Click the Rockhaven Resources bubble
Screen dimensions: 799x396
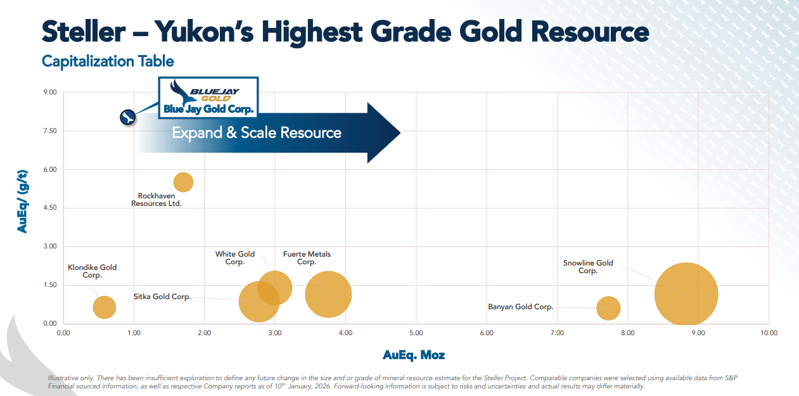tap(183, 182)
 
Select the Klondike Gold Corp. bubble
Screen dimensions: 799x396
tap(104, 307)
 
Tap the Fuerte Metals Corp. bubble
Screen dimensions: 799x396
tap(328, 295)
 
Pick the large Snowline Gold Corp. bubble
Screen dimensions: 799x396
tap(686, 295)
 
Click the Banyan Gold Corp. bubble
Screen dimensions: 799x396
tap(608, 308)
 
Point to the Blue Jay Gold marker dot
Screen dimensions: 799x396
tap(128, 117)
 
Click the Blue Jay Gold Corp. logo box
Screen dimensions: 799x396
tap(208, 98)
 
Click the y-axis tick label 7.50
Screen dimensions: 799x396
tap(50, 131)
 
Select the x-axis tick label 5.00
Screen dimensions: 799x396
tap(416, 333)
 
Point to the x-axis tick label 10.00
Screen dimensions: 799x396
tap(769, 333)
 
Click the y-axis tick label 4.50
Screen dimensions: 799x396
tap(50, 208)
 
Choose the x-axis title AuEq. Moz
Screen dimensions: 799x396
tap(414, 355)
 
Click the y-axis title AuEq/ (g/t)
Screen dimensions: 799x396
tap(22, 201)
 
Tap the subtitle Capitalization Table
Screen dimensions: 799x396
tap(108, 61)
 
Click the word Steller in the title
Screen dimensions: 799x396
tap(84, 32)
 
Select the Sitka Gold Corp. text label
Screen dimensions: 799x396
tap(162, 297)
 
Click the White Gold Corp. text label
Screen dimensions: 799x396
tap(234, 258)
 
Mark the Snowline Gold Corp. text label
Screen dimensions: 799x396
tap(588, 267)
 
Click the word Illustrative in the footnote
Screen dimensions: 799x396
tap(63, 378)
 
